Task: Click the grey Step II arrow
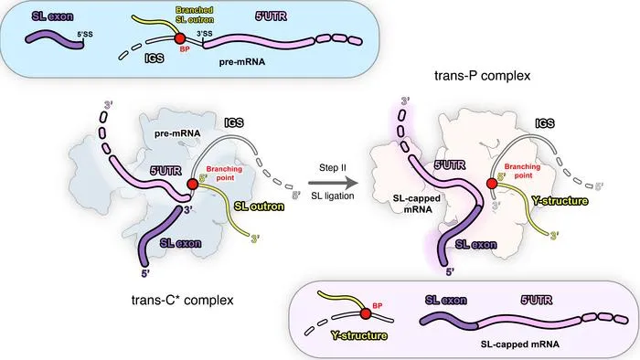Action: pos(332,183)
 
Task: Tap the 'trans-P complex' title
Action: pos(482,76)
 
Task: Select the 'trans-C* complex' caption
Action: pos(183,300)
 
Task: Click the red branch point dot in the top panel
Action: pos(179,38)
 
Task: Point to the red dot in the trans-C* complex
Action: pos(193,184)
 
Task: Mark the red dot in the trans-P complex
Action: pos(492,184)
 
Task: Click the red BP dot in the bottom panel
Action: pos(366,313)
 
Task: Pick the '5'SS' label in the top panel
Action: pos(85,34)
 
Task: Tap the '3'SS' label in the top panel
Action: pos(205,34)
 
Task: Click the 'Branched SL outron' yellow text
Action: pos(195,15)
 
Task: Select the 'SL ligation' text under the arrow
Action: pos(333,196)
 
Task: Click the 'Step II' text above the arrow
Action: pos(333,167)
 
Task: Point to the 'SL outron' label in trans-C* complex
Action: pos(259,206)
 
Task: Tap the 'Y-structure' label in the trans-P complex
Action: pos(560,201)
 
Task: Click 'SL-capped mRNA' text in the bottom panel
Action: pos(519,344)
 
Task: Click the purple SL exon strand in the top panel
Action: pos(55,40)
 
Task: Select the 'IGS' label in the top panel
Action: pos(155,58)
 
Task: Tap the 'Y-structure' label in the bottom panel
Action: pos(358,335)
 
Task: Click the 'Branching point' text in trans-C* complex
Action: pos(224,174)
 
